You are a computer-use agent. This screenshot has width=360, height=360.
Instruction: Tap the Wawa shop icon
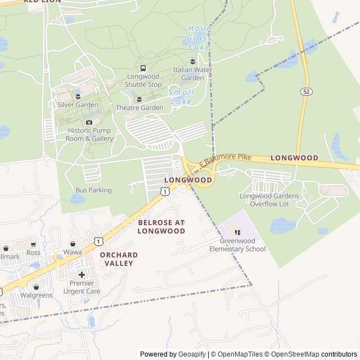pos(73,244)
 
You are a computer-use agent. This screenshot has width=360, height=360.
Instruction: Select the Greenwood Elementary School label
pos(237,245)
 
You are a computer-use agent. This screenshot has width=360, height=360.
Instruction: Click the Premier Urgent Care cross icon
pos(82,274)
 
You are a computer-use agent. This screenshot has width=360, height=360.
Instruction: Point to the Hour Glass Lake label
pos(199,33)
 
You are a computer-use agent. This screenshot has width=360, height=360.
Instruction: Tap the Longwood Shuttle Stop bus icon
pos(143,69)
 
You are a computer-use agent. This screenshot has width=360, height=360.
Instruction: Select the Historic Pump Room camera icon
pos(89,122)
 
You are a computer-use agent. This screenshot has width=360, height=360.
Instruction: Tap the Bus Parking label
pos(93,190)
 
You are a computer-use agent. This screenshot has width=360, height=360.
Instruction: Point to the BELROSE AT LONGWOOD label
pos(161,227)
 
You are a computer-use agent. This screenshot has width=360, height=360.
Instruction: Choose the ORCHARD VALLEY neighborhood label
pos(119,259)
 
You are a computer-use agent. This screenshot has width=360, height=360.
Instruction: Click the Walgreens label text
pos(37,295)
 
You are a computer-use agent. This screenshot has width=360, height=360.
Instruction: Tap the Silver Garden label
pos(78,105)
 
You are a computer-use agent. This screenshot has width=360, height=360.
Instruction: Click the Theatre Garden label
pos(139,107)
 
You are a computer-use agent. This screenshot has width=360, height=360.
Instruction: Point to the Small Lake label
pos(181,96)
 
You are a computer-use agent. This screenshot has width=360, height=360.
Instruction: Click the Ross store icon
pos(33,245)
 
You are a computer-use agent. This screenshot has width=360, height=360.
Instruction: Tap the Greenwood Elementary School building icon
pos(237,232)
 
